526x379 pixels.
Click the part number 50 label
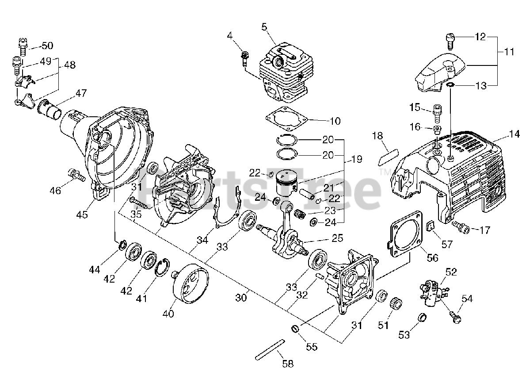click(x=47, y=46)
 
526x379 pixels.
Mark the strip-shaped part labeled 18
click(x=387, y=156)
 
